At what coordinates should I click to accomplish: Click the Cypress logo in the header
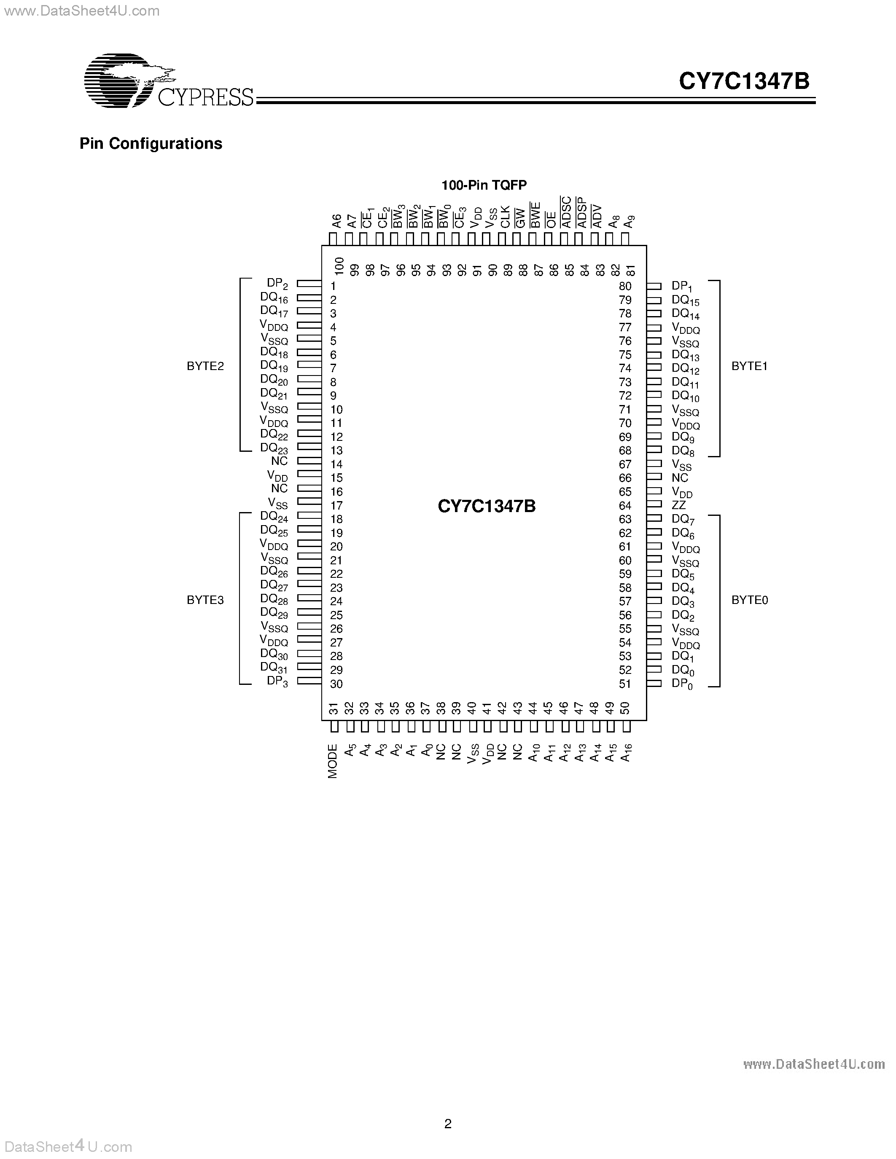[x=169, y=80]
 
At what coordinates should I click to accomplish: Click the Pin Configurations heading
[x=151, y=144]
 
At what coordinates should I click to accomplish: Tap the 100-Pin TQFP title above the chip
[x=484, y=185]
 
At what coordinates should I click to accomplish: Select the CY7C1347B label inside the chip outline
[x=487, y=506]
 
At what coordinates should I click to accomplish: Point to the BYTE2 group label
[x=205, y=366]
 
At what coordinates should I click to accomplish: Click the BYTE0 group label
[x=750, y=600]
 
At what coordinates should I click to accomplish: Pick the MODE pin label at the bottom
[x=333, y=761]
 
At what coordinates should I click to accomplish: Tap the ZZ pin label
[x=679, y=506]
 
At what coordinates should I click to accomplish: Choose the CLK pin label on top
[x=505, y=217]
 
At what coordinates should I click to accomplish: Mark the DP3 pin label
[x=277, y=681]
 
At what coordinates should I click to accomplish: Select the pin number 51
[x=625, y=684]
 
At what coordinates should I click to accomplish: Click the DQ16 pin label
[x=274, y=298]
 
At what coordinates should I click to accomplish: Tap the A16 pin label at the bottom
[x=626, y=752]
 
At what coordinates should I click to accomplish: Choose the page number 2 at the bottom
[x=448, y=1124]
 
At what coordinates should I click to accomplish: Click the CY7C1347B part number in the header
[x=744, y=82]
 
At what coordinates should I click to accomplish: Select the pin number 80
[x=625, y=286]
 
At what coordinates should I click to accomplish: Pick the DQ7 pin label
[x=683, y=520]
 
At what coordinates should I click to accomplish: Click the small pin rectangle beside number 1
[x=309, y=284]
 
